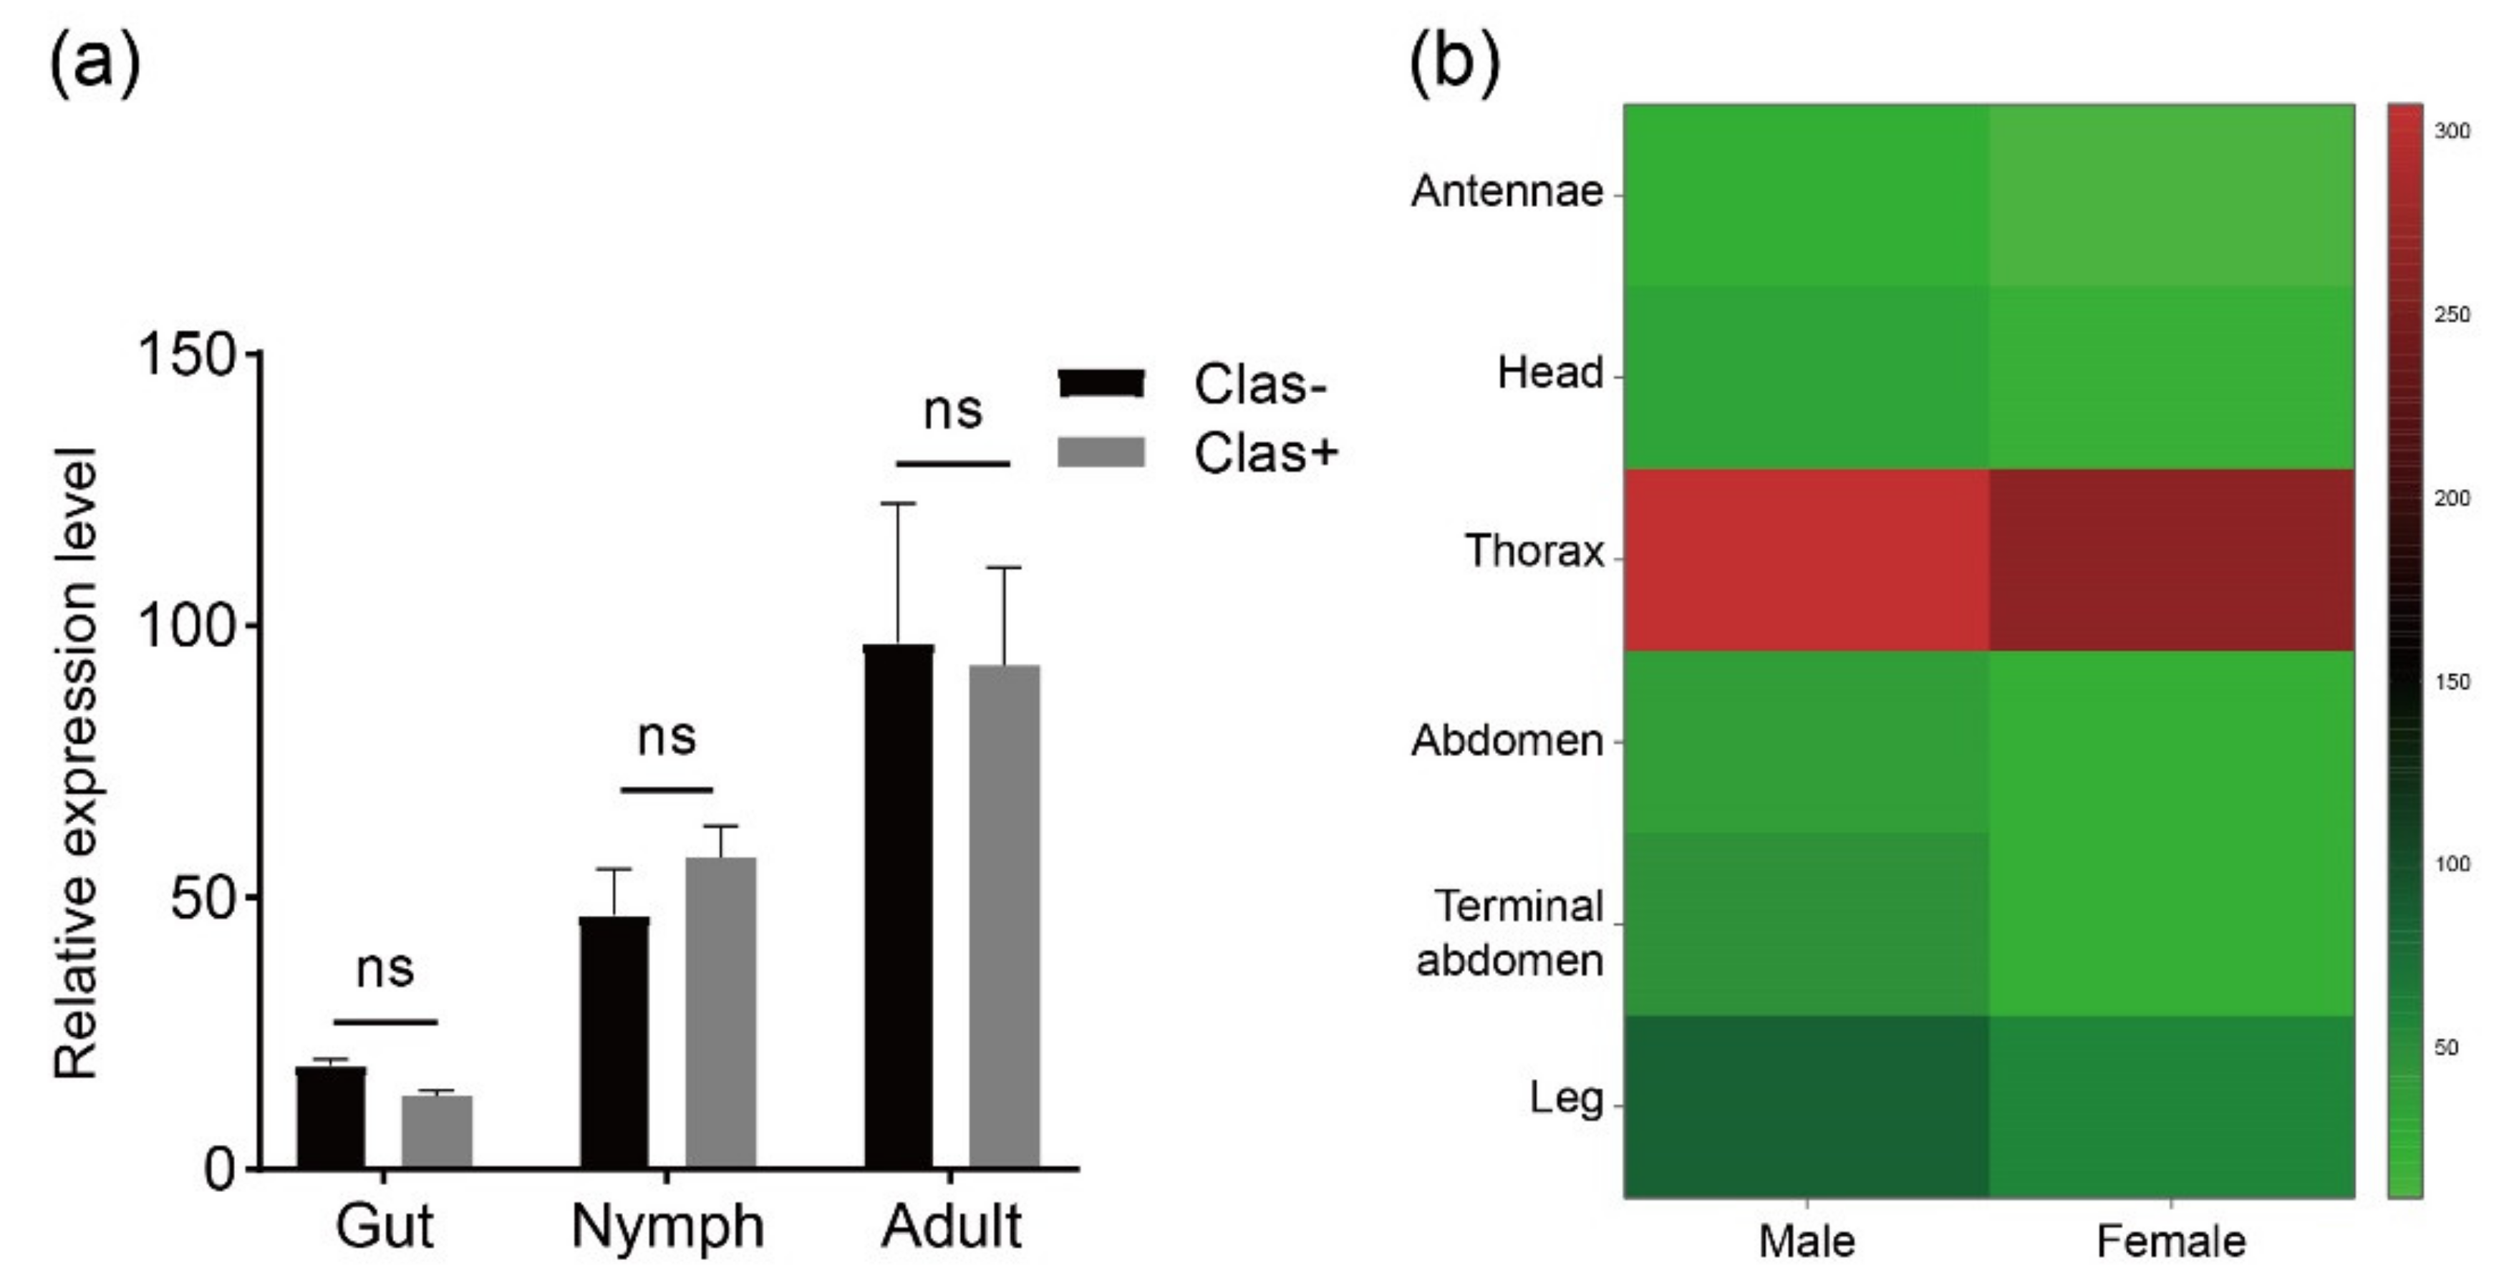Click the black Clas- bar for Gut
(x=331, y=1118)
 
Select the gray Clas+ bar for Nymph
(x=721, y=1013)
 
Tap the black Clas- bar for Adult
(x=898, y=906)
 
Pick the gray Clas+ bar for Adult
(x=1004, y=916)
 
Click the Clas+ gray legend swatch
(x=1101, y=453)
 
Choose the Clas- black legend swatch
(x=1101, y=383)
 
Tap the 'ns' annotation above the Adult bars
(x=952, y=410)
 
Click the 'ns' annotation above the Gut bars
(x=385, y=969)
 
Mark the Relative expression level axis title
(x=76, y=764)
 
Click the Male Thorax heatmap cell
(x=1806, y=560)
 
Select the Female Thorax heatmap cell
(x=2171, y=560)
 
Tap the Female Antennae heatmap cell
(x=2171, y=195)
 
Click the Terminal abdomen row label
(x=1514, y=934)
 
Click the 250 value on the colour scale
(x=2452, y=314)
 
